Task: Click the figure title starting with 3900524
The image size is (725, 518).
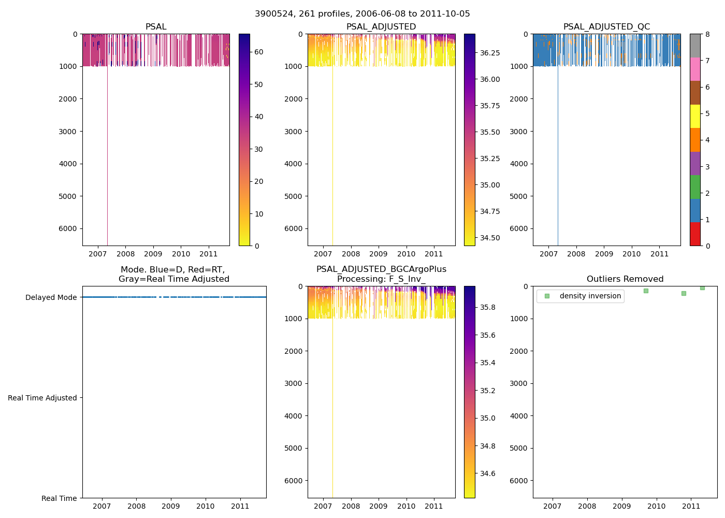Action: point(363,14)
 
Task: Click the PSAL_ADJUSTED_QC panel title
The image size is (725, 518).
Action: point(606,27)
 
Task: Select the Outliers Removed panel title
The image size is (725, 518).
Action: point(625,279)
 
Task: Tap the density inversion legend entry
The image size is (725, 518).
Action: point(590,296)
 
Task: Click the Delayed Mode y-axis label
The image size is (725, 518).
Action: point(51,297)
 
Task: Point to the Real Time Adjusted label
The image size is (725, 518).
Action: point(42,398)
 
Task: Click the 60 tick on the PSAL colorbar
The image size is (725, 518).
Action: point(259,52)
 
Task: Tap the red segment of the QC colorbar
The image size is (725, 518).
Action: point(695,234)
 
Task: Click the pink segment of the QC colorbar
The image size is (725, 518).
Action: point(695,69)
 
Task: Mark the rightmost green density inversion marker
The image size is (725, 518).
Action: point(702,287)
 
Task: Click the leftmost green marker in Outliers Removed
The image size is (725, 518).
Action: point(646,291)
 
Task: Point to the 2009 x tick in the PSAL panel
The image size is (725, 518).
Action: point(153,254)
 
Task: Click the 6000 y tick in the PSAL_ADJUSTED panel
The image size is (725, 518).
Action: point(294,228)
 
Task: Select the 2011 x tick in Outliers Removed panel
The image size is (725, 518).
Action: point(691,506)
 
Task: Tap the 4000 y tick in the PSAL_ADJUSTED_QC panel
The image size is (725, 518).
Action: point(519,164)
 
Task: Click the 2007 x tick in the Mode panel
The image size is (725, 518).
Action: point(102,506)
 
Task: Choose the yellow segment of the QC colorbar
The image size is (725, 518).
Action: point(695,116)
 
